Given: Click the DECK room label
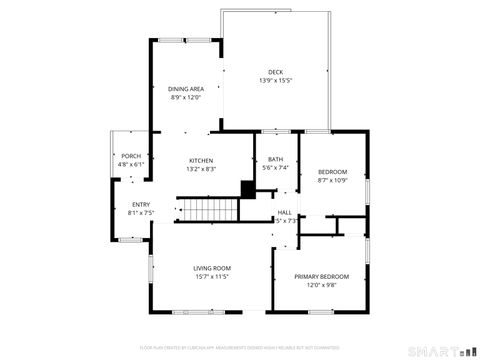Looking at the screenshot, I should click(x=275, y=72).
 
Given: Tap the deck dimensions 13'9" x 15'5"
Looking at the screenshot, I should click(x=275, y=80).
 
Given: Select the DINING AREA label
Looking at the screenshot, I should click(x=185, y=89).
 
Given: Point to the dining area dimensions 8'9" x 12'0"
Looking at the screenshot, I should click(x=185, y=97).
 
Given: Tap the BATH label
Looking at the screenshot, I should click(x=275, y=160).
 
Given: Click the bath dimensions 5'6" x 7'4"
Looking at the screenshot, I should click(x=275, y=168).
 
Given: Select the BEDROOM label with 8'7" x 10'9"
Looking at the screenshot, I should click(x=332, y=172).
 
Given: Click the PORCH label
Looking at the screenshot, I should click(x=131, y=157).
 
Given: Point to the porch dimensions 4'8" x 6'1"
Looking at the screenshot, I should click(x=131, y=165).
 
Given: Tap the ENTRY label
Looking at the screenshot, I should click(x=140, y=205).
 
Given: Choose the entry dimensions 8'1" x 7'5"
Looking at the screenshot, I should click(x=140, y=213).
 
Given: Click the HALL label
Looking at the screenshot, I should click(x=285, y=212).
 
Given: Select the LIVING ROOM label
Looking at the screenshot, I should click(x=212, y=268).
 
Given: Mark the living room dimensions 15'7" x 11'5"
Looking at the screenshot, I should click(x=212, y=276).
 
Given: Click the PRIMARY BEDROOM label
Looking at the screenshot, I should click(x=321, y=276).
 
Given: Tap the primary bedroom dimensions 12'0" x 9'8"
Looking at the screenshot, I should click(x=321, y=284).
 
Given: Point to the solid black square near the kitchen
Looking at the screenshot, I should click(x=247, y=188).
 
